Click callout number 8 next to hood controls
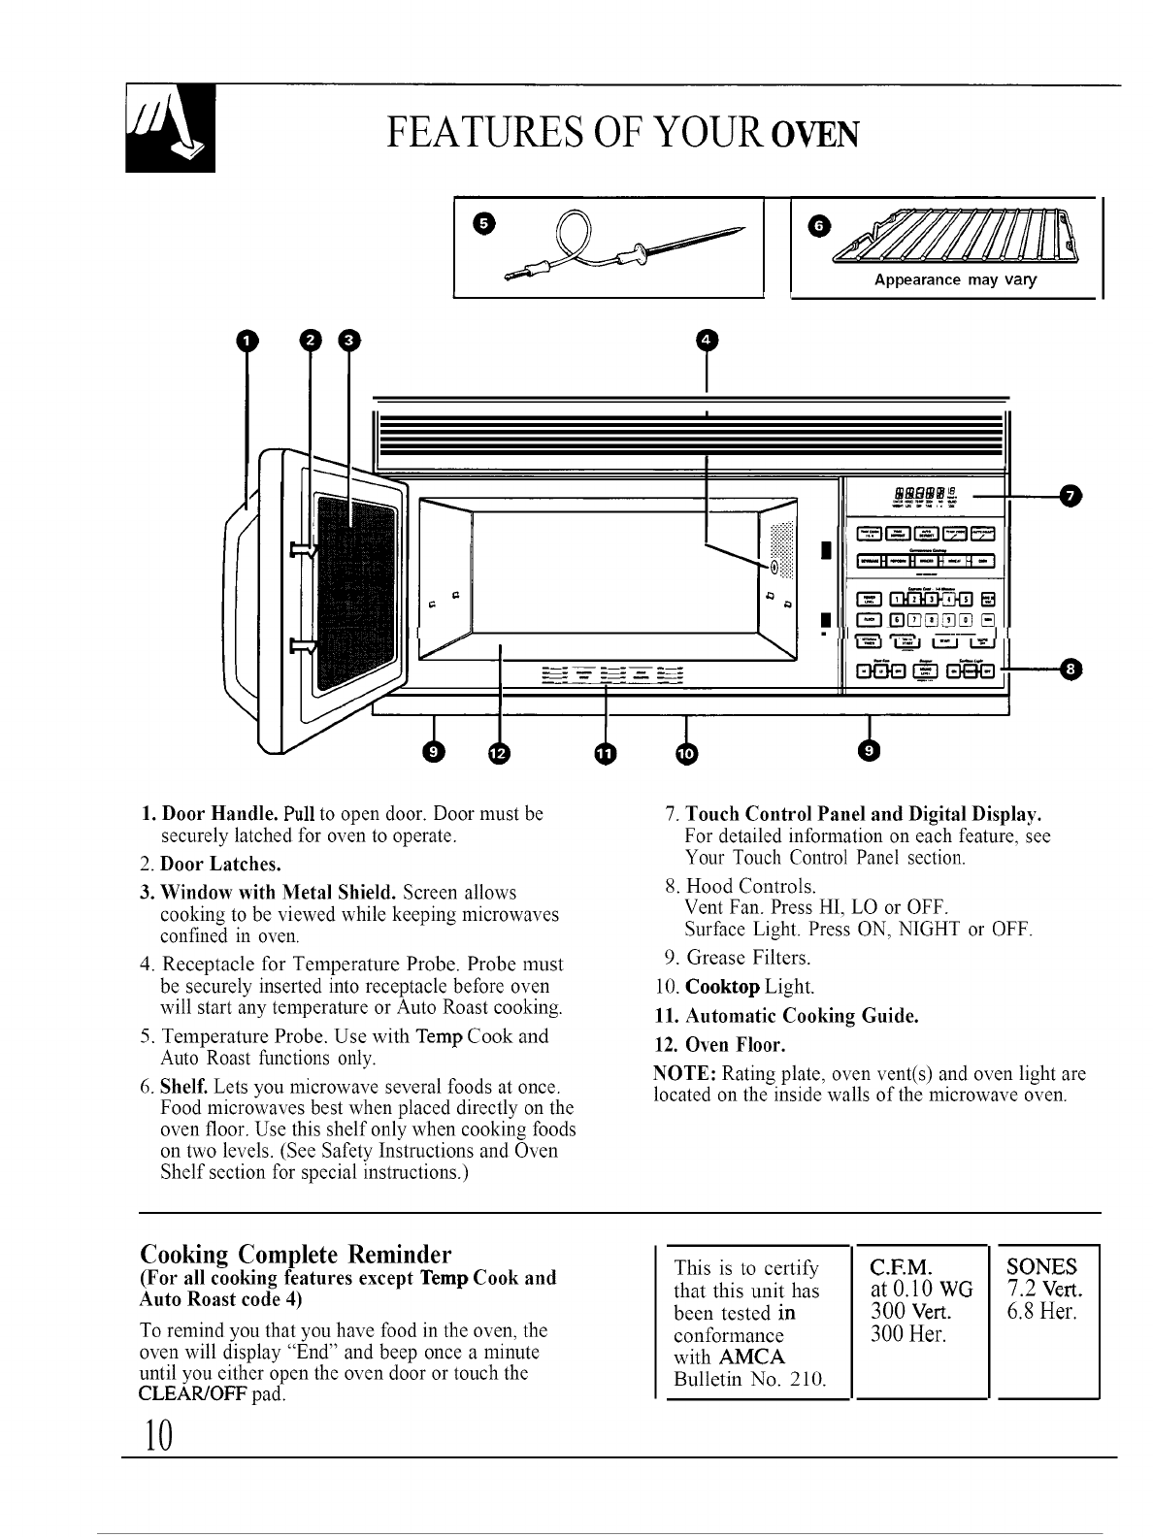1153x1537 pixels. pyautogui.click(x=1071, y=669)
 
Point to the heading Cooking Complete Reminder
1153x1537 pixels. pyautogui.click(x=296, y=1252)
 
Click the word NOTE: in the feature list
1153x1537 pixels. pyautogui.click(x=685, y=1074)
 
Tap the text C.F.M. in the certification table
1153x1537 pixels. pyautogui.click(x=901, y=1266)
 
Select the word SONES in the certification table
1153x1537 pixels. pyautogui.click(x=1042, y=1266)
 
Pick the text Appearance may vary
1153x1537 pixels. pyautogui.click(x=955, y=280)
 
